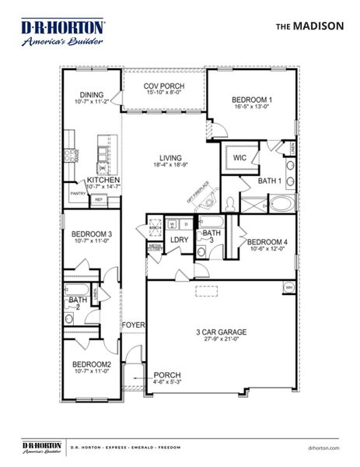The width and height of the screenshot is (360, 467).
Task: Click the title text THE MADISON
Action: [309, 25]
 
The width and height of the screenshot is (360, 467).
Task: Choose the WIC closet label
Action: [239, 156]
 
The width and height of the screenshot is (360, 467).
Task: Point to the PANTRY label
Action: [78, 193]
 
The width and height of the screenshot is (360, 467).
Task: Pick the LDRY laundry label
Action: [179, 241]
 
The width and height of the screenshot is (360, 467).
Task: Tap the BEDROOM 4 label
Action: [267, 243]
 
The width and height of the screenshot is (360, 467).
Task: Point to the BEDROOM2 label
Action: [92, 365]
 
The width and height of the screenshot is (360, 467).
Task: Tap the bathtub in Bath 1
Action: [283, 205]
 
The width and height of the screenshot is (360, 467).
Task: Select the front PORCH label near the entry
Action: [167, 374]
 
